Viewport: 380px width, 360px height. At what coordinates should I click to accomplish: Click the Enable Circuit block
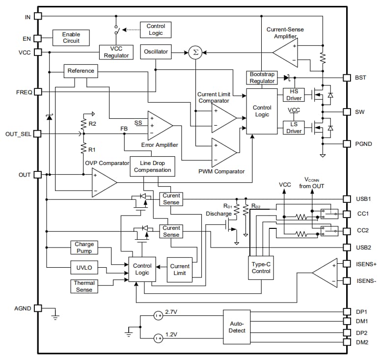pyautogui.click(x=71, y=37)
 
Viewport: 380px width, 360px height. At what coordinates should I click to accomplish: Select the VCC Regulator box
pyautogui.click(x=116, y=52)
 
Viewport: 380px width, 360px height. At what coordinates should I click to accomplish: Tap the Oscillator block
pyautogui.click(x=156, y=52)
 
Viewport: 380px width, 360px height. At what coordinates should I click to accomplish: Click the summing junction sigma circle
pyautogui.click(x=195, y=52)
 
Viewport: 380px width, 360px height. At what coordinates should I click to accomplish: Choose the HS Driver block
pyautogui.click(x=294, y=95)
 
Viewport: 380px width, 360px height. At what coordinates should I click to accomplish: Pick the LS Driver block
pyautogui.click(x=294, y=128)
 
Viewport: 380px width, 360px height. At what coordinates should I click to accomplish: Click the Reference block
pyautogui.click(x=81, y=71)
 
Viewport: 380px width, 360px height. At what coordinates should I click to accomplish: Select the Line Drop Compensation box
pyautogui.click(x=152, y=166)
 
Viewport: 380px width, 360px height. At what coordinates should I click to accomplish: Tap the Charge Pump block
pyautogui.click(x=84, y=248)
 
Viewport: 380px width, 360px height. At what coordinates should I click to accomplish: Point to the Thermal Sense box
pyautogui.click(x=84, y=286)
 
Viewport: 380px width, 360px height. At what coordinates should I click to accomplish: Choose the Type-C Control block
pyautogui.click(x=261, y=267)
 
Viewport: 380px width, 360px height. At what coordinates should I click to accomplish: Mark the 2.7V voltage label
pyautogui.click(x=172, y=312)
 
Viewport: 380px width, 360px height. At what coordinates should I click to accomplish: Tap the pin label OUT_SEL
pyautogui.click(x=19, y=134)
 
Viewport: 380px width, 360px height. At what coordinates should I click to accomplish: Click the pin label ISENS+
pyautogui.click(x=366, y=264)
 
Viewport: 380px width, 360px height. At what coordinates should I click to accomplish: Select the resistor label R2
pyautogui.click(x=92, y=124)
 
